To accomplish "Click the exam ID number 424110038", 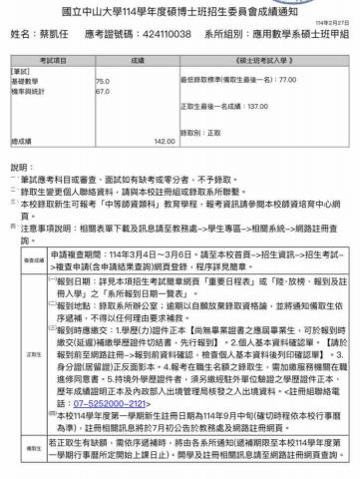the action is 157,33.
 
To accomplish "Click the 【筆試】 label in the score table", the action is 22,72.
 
